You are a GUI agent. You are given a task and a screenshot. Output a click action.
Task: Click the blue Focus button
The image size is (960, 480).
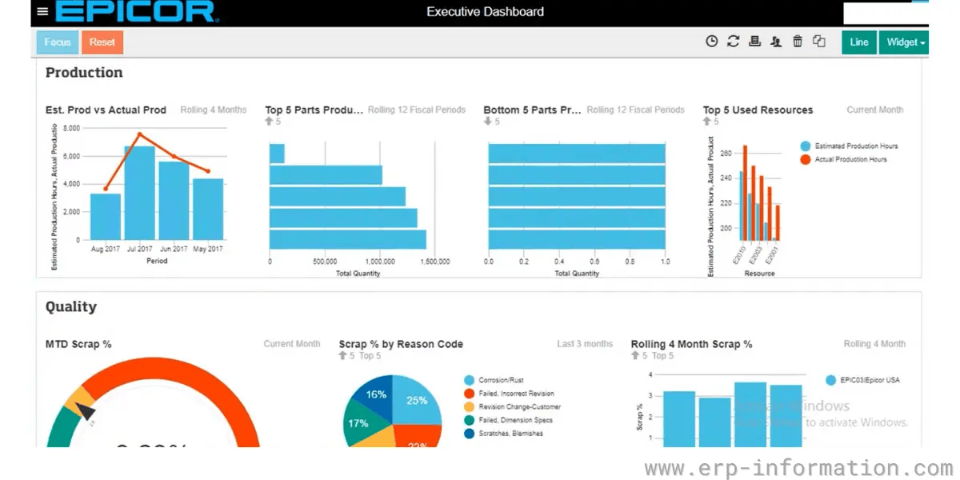pyautogui.click(x=58, y=42)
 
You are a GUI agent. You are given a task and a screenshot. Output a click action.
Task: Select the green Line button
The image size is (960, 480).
pyautogui.click(x=858, y=42)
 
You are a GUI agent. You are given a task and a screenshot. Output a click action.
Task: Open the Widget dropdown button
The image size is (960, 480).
pyautogui.click(x=905, y=42)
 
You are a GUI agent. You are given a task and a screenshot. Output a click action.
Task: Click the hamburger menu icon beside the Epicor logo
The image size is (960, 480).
pyautogui.click(x=42, y=12)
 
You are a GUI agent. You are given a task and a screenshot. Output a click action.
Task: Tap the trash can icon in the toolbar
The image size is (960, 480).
pyautogui.click(x=798, y=42)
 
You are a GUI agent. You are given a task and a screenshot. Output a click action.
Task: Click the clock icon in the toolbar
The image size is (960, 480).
pyautogui.click(x=711, y=42)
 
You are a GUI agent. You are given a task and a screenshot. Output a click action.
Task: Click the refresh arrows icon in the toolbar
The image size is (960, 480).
pyautogui.click(x=733, y=42)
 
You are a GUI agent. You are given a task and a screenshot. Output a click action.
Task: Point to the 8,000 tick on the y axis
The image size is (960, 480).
pyautogui.click(x=70, y=128)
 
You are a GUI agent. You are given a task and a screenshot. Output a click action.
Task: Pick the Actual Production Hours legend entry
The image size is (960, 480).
pyautogui.click(x=850, y=159)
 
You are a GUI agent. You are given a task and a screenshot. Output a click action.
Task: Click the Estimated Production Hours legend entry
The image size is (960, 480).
pyautogui.click(x=855, y=146)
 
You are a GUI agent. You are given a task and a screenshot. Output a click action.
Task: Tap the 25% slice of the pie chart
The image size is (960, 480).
pyautogui.click(x=417, y=401)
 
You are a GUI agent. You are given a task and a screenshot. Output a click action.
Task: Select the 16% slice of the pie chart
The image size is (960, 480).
pyautogui.click(x=376, y=394)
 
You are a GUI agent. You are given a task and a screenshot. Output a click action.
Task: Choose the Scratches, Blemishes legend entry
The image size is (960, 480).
pyautogui.click(x=510, y=434)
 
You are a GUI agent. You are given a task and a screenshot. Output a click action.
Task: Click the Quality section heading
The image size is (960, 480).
pyautogui.click(x=71, y=306)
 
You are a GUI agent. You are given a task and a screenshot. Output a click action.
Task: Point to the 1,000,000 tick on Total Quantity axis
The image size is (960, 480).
pyautogui.click(x=379, y=262)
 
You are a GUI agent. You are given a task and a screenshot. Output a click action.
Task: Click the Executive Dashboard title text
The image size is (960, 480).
pyautogui.click(x=485, y=12)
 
